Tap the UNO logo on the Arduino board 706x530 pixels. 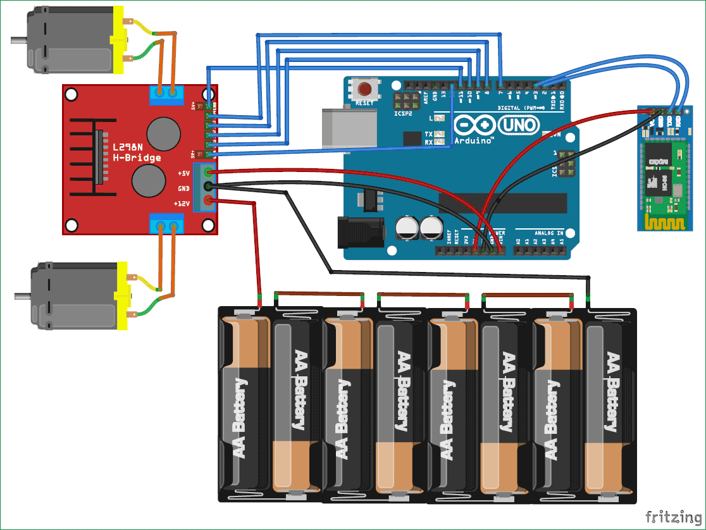point(520,126)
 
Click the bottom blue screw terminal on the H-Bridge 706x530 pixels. point(166,224)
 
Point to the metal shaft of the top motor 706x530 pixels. point(18,40)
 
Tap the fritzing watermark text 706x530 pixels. point(671,517)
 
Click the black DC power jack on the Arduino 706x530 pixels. point(361,231)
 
